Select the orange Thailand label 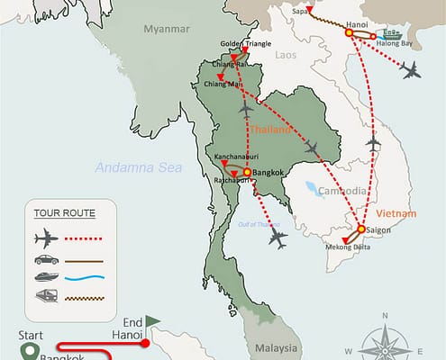pyautogui.click(x=270, y=130)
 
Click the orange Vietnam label pyautogui.click(x=397, y=214)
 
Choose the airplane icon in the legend pyautogui.click(x=46, y=239)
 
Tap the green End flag pyautogui.click(x=152, y=320)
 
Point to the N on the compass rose pyautogui.click(x=385, y=315)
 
